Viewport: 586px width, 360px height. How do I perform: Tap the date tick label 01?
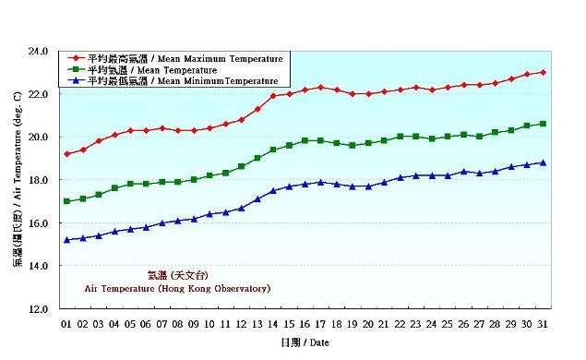pos(66,323)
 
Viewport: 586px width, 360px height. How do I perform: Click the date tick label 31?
pos(543,323)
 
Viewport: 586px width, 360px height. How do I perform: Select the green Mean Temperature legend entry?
pos(152,70)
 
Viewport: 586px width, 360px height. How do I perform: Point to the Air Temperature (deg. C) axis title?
pos(18,180)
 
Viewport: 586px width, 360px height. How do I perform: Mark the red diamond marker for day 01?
pos(66,154)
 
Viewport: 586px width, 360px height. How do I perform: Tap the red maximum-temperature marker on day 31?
pos(543,72)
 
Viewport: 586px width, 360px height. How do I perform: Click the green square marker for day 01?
pos(66,201)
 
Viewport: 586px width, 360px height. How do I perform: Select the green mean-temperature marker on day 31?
pos(543,124)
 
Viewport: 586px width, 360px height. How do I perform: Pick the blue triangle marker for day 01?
pos(66,240)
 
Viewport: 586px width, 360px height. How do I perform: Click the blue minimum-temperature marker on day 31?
pos(543,162)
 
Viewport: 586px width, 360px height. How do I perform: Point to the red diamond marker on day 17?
pos(320,87)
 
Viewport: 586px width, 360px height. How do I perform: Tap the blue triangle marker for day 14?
pos(273,191)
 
